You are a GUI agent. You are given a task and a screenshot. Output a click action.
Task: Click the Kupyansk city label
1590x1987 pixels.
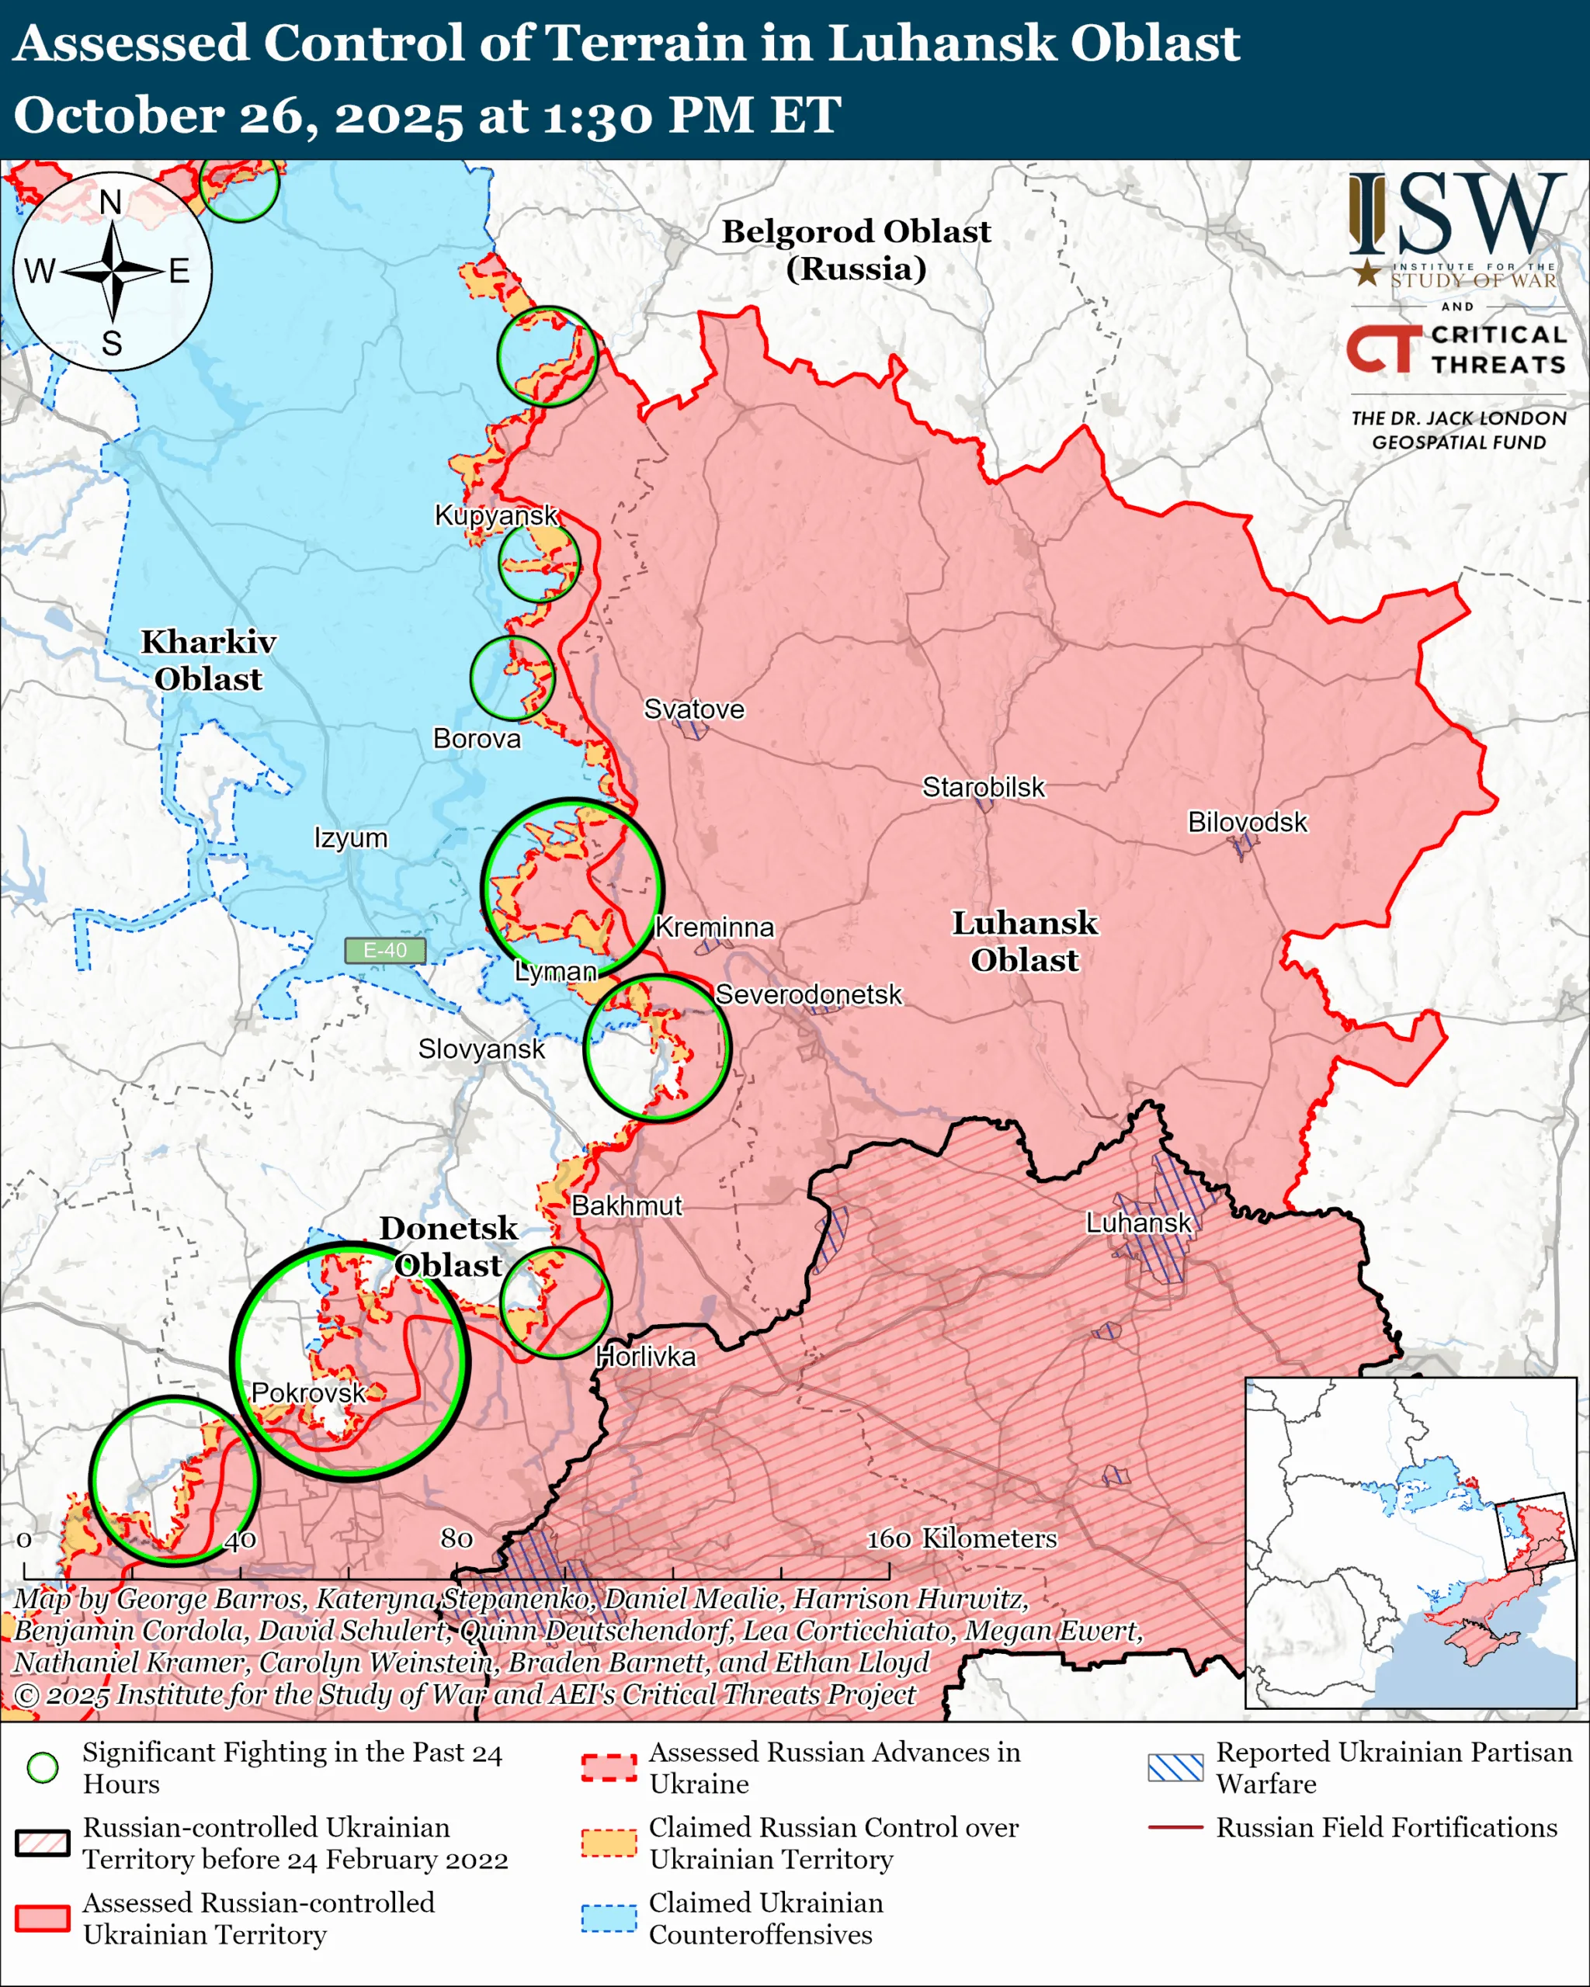(496, 515)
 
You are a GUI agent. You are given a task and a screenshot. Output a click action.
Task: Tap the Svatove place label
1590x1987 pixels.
(693, 709)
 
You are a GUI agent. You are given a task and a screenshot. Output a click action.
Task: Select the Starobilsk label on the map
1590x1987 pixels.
(984, 787)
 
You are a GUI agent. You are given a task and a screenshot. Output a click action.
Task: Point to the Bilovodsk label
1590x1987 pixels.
(1246, 821)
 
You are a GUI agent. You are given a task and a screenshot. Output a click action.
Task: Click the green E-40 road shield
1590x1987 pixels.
(384, 950)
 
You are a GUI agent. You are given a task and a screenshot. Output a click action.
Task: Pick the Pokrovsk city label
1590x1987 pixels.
(308, 1392)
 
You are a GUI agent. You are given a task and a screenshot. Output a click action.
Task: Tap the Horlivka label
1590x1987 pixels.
(645, 1357)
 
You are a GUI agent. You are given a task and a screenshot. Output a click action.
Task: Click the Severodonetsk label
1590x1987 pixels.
(808, 994)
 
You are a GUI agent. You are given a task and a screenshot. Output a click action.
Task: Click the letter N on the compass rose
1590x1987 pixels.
(110, 201)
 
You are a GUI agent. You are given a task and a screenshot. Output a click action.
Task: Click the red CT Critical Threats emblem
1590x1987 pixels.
(1383, 349)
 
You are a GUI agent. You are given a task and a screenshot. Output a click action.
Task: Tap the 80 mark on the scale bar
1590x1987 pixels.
(457, 1538)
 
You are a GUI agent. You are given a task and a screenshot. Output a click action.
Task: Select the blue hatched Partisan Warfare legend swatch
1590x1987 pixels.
(1175, 1767)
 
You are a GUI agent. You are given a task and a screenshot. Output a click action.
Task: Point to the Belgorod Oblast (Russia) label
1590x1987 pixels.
(856, 249)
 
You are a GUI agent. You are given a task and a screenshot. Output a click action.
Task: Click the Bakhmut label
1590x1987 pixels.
(627, 1205)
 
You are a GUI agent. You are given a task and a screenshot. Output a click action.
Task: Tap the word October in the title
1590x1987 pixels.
(118, 116)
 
